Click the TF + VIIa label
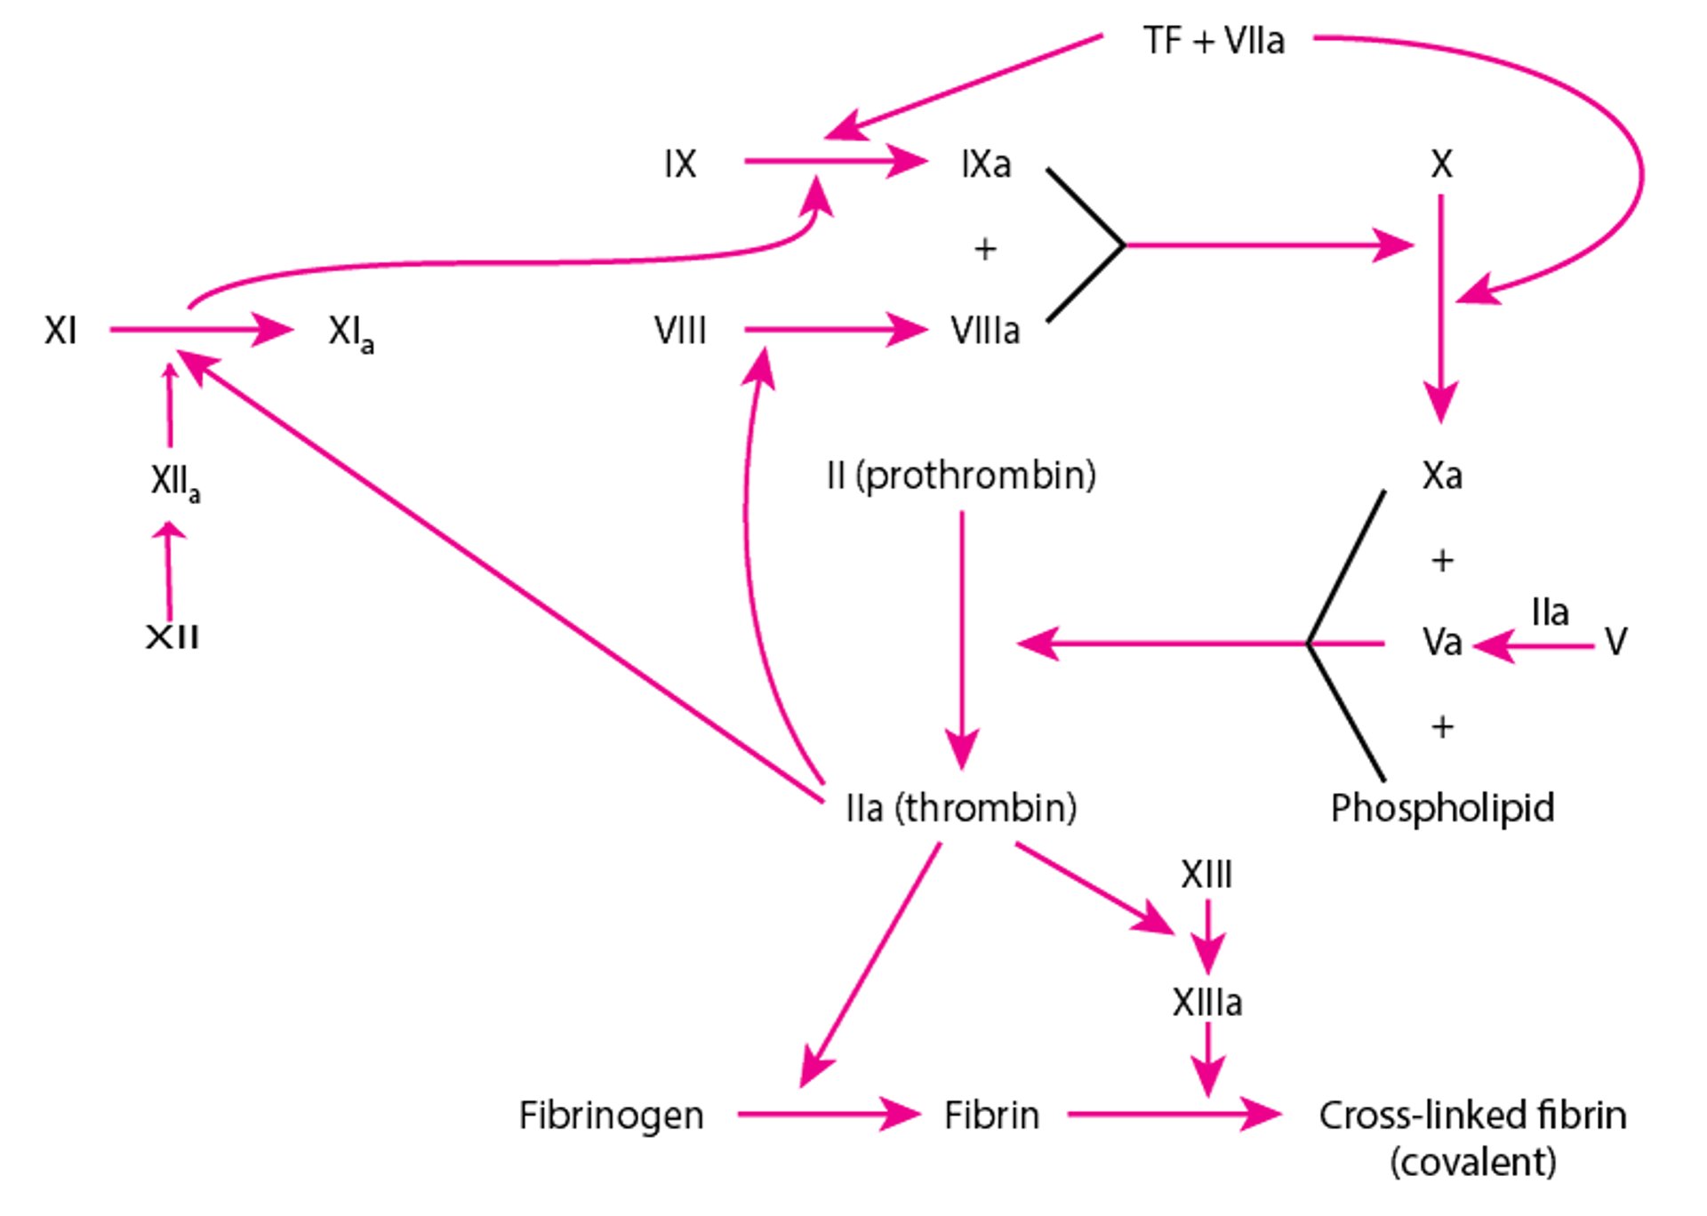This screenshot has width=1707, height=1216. coord(1214,41)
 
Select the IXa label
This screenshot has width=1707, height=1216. coord(986,164)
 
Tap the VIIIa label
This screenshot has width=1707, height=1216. coord(985,331)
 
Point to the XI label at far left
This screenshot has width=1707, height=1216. coord(60,331)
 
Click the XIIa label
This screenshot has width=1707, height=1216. coord(175,484)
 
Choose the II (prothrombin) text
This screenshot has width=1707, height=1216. coord(961,476)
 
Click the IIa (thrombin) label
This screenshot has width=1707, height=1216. coord(961,808)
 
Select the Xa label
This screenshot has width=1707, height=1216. coord(1442,476)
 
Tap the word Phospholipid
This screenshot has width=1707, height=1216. coord(1442,809)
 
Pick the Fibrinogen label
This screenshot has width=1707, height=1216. coord(612,1116)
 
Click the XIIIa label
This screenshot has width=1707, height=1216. coord(1206,1003)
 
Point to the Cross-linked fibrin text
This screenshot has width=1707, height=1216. coord(1472,1115)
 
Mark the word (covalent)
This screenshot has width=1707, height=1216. coord(1473,1162)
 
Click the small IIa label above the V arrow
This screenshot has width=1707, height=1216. coord(1550,612)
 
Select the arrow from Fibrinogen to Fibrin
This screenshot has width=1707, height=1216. coord(829,1114)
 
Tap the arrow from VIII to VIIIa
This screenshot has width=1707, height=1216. coord(836,330)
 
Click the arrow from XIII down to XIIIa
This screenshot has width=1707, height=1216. coord(1207,937)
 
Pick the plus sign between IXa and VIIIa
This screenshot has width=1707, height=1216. coord(985,249)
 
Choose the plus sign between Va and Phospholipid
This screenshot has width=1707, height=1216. coord(1442,727)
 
